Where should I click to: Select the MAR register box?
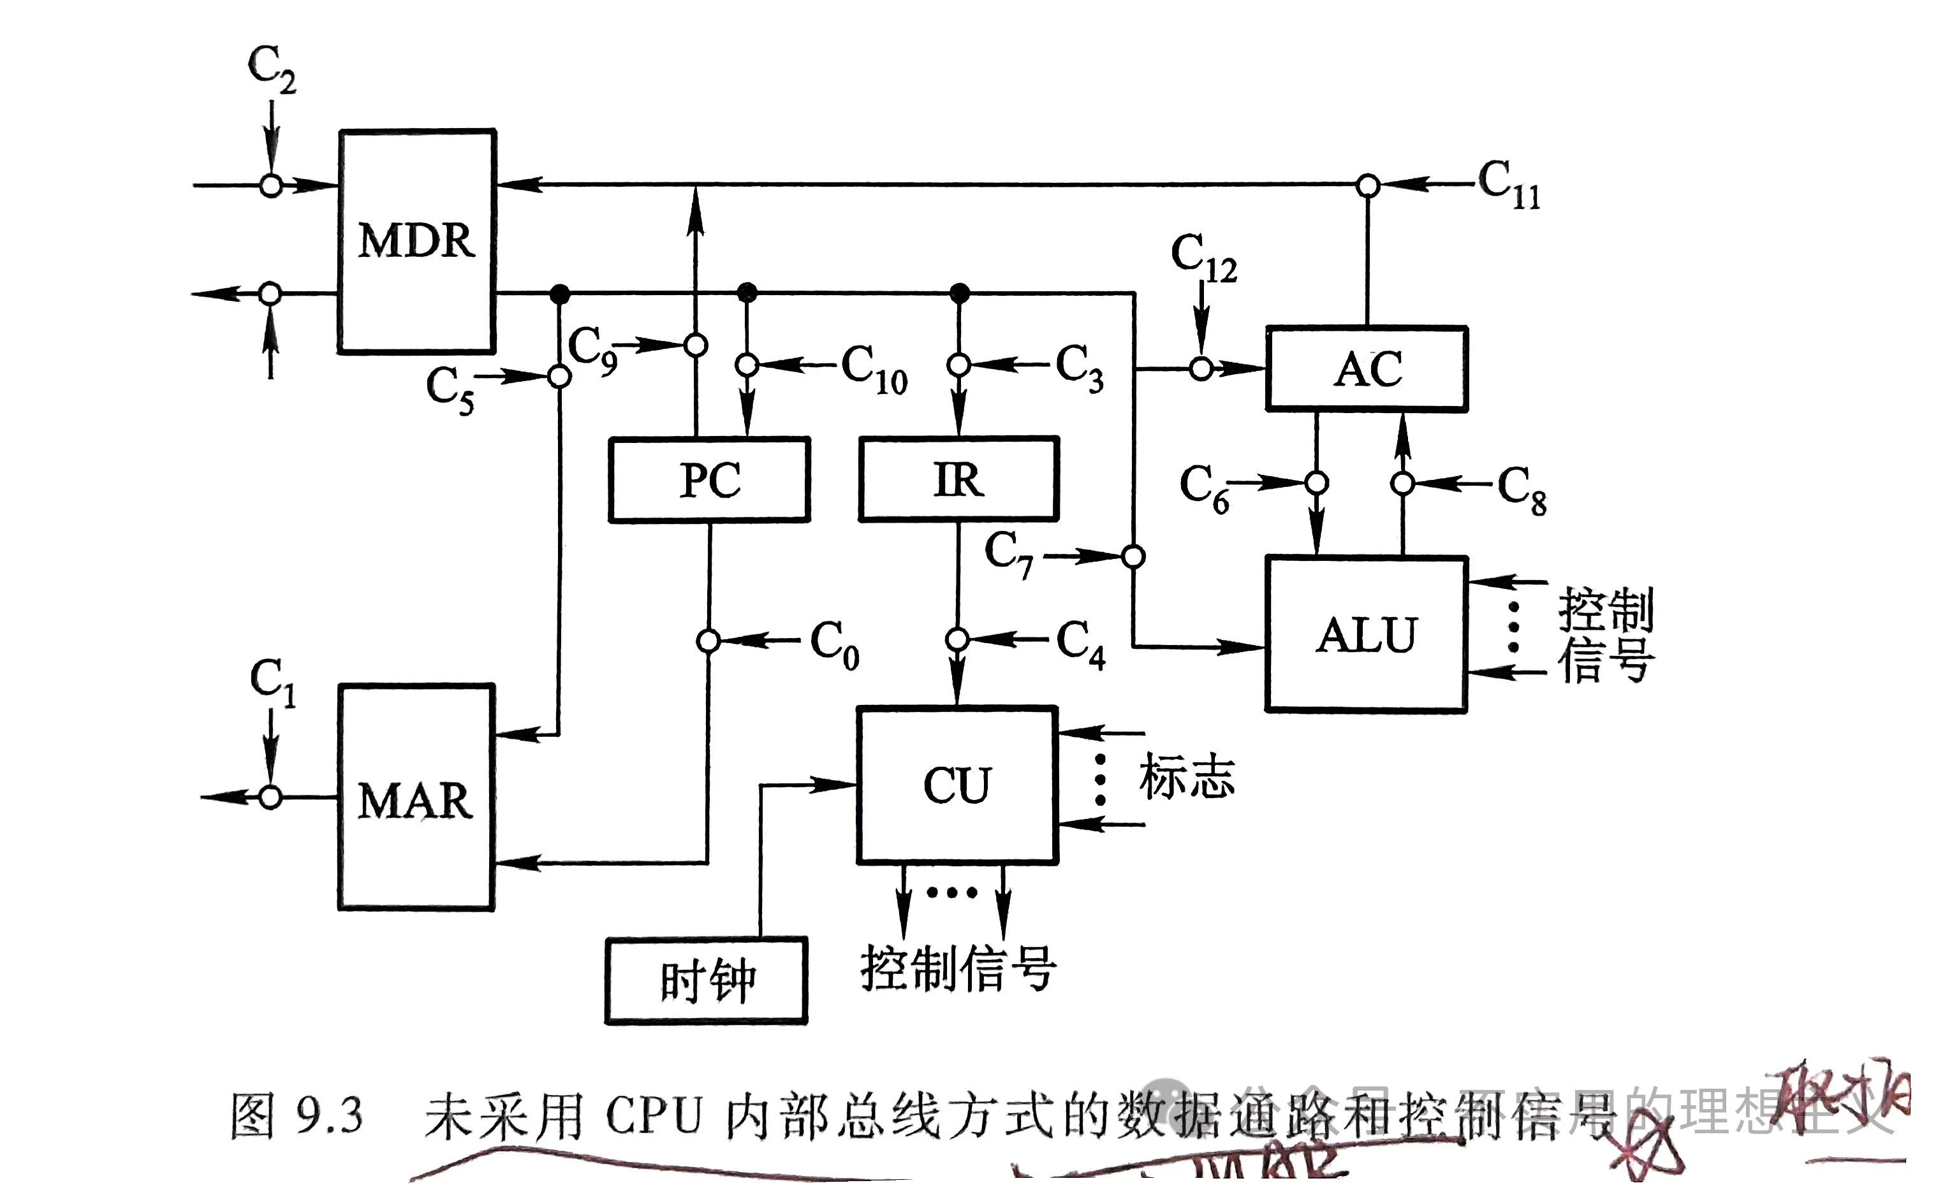(416, 797)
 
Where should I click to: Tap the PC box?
(709, 479)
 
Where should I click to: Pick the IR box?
(959, 479)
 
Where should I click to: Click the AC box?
(1367, 369)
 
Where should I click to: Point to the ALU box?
(1366, 634)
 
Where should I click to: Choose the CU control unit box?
(957, 785)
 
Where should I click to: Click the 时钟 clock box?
(706, 980)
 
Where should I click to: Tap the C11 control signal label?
(1509, 184)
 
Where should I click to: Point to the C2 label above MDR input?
(271, 68)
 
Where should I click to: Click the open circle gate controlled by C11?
(1367, 186)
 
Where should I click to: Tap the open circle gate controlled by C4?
(957, 639)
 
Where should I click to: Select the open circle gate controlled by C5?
(560, 376)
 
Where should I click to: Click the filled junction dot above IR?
(960, 293)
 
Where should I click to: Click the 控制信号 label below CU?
(958, 969)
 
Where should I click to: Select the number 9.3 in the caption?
(329, 1115)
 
